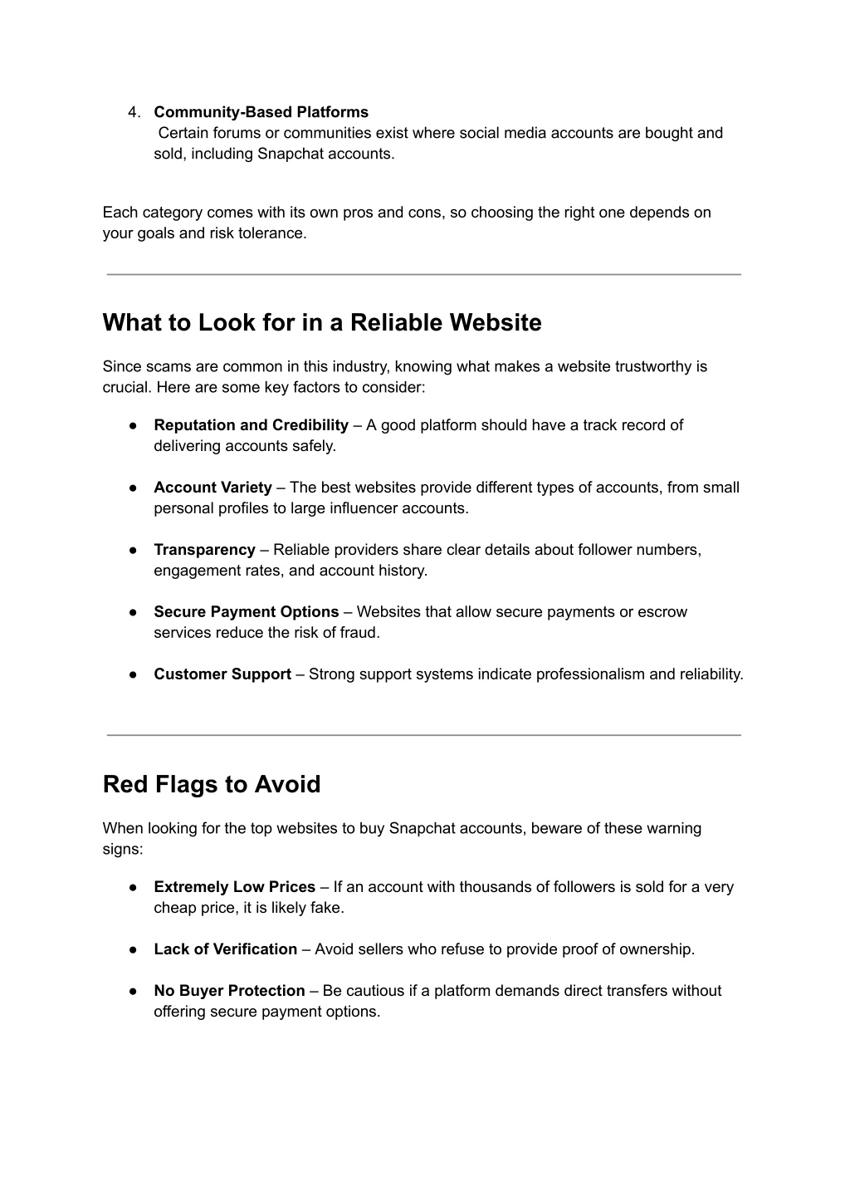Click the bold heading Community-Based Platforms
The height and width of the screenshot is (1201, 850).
(x=261, y=112)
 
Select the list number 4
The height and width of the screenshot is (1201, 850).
(x=134, y=112)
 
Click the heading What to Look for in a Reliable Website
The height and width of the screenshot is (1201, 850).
(x=322, y=322)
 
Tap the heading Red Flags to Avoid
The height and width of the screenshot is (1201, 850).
(x=212, y=784)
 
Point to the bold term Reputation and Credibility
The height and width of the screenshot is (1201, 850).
(x=251, y=425)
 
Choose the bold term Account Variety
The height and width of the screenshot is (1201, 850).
(x=212, y=488)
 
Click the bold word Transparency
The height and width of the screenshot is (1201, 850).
(x=204, y=550)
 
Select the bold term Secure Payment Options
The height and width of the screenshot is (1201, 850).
(x=246, y=612)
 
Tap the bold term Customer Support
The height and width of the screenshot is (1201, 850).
(x=222, y=674)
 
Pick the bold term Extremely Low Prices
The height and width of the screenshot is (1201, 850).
(x=234, y=887)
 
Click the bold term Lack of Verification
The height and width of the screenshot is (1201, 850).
(x=225, y=949)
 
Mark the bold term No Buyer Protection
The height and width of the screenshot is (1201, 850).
(x=229, y=991)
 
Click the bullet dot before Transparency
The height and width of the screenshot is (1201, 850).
(x=133, y=550)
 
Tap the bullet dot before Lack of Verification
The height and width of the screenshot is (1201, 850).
(x=133, y=949)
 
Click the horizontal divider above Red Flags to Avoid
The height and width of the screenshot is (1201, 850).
(x=423, y=735)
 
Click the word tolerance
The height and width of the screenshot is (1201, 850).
(x=276, y=233)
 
